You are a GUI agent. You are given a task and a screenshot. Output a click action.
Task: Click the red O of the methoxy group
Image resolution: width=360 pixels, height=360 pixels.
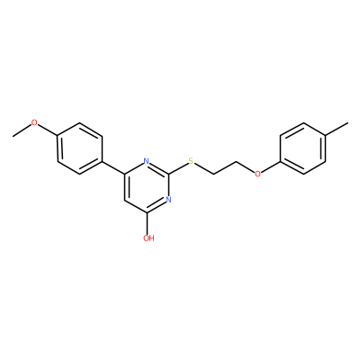click(35, 122)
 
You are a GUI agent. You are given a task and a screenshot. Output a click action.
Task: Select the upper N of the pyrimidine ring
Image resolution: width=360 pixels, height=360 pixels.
click(147, 161)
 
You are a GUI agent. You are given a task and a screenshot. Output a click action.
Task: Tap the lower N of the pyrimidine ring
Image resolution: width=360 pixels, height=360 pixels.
click(168, 200)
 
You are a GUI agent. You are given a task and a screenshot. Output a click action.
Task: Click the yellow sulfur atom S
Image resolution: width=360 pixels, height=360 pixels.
click(191, 161)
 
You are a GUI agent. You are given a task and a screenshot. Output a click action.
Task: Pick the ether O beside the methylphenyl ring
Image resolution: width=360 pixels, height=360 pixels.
click(257, 174)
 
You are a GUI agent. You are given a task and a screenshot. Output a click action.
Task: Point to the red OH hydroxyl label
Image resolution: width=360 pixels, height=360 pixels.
click(148, 238)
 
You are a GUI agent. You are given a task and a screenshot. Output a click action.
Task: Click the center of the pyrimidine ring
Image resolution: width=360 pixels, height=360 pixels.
click(147, 186)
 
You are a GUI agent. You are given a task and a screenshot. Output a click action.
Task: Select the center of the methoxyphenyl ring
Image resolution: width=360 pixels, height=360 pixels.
click(80, 148)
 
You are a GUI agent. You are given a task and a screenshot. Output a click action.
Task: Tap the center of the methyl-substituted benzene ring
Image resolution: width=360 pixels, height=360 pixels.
click(303, 148)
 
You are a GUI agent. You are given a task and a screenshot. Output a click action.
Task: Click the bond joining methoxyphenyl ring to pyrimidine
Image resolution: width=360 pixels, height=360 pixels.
click(113, 167)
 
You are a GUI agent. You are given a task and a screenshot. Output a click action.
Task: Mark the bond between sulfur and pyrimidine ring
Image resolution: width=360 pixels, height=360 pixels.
click(178, 167)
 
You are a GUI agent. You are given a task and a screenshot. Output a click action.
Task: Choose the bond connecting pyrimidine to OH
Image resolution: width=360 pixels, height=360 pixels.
click(147, 223)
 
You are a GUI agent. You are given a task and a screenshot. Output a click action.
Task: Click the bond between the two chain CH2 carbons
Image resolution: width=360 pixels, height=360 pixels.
click(225, 167)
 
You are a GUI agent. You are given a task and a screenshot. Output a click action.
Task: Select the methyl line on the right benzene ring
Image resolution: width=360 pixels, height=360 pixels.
click(337, 129)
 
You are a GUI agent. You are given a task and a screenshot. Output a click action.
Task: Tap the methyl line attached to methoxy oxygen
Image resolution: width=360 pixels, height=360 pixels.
click(22, 130)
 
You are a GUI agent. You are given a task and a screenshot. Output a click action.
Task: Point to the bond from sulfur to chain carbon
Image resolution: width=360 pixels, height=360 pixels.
click(203, 168)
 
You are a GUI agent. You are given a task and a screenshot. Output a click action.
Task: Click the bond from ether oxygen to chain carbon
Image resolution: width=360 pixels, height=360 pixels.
click(245, 166)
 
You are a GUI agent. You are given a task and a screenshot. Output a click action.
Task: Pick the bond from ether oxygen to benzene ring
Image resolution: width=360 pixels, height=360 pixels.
click(271, 166)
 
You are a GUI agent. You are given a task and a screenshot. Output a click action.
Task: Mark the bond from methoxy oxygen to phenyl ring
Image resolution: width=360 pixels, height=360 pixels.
click(48, 130)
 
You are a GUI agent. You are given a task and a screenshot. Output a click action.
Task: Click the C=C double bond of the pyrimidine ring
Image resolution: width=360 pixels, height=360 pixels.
click(126, 186)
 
